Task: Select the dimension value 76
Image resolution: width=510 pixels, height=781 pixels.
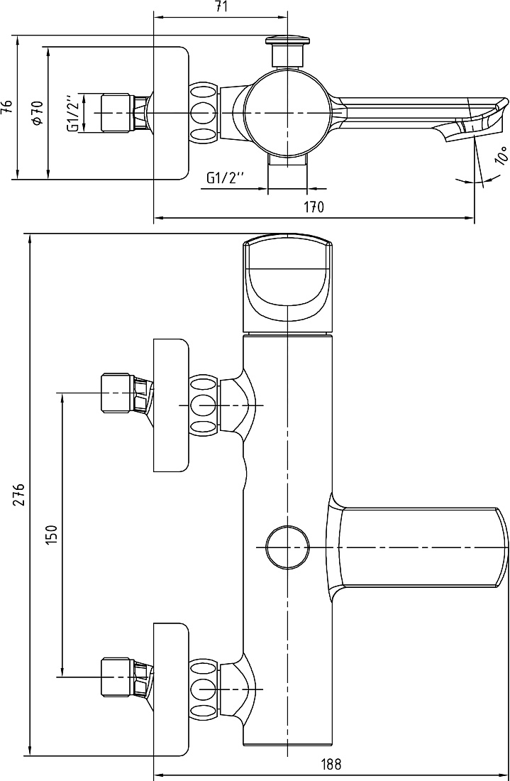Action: tap(6, 107)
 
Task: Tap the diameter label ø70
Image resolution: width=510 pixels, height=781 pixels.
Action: tap(38, 113)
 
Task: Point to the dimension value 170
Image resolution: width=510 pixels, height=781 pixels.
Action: tap(314, 207)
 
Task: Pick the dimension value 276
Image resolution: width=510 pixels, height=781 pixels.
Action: tap(19, 494)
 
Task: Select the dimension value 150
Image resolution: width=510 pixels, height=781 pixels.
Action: tap(52, 535)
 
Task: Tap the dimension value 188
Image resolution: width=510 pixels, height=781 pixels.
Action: tap(331, 764)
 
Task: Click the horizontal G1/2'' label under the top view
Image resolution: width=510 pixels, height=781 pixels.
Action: tap(226, 177)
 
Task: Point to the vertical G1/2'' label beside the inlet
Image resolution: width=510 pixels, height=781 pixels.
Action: tap(73, 113)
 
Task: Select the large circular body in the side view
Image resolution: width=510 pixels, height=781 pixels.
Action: tap(287, 113)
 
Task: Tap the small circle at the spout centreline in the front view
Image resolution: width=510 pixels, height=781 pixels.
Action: tap(287, 547)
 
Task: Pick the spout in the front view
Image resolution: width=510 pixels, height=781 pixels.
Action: tap(418, 547)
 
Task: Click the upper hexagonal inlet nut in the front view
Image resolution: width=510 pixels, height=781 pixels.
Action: tap(118, 393)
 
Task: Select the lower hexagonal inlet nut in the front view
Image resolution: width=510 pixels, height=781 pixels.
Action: tap(118, 677)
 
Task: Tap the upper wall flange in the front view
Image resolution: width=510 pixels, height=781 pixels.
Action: tap(171, 405)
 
